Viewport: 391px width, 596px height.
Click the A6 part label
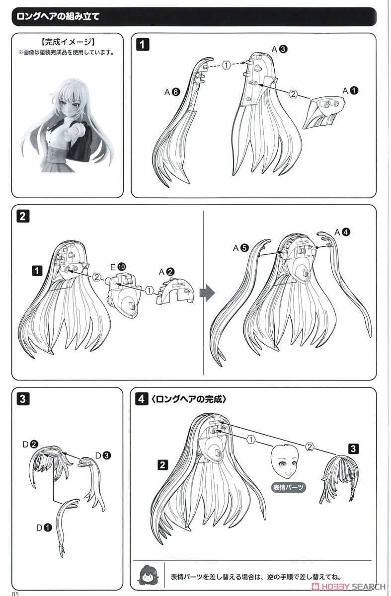pos(172,92)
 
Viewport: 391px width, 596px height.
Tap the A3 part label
pos(280,49)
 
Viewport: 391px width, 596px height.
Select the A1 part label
pos(350,91)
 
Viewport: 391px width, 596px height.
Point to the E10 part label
pos(118,267)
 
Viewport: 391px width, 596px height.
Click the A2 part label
pos(166,272)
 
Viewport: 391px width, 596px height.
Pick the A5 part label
pos(240,248)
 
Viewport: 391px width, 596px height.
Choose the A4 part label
pos(342,232)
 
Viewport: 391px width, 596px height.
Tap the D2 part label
pos(31,444)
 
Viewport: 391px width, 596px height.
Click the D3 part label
pos(103,455)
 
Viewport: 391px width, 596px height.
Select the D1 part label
pos(44,527)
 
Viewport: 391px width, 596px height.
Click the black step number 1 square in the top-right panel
pos(143,44)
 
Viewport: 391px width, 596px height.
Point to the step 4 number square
pos(142,399)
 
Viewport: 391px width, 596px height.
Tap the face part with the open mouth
pos(284,462)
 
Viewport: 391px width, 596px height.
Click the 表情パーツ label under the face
pos(288,487)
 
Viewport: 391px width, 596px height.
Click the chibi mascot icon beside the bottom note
pos(148,576)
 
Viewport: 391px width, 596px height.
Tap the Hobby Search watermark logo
pos(348,587)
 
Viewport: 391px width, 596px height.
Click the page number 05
pos(15,594)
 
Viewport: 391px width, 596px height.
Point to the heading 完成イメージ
pos(68,42)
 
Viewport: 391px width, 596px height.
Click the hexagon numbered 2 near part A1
pos(293,94)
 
